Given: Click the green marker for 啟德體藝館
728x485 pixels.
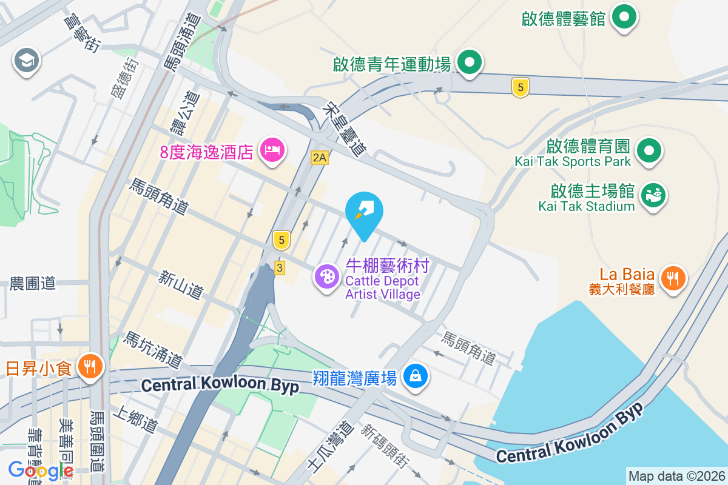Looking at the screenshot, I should click(x=624, y=16).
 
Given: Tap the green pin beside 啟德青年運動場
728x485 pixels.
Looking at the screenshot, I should click(x=469, y=62).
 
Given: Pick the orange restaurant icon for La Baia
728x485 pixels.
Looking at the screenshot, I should click(x=673, y=278).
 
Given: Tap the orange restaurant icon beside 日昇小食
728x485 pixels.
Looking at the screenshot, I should click(x=90, y=366).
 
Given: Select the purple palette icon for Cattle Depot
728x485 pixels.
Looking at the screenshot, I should click(x=327, y=277).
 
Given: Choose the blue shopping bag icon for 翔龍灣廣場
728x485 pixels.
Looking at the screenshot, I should click(x=416, y=376).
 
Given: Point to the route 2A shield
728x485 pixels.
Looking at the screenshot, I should click(x=319, y=158).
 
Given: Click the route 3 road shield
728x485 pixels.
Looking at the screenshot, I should click(x=279, y=267).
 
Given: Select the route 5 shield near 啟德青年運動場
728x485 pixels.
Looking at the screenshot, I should click(x=520, y=87).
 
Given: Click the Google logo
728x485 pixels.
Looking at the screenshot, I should click(x=41, y=470).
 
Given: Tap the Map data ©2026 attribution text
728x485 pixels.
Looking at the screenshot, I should click(x=676, y=476).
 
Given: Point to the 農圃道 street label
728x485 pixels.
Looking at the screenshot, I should click(x=32, y=283).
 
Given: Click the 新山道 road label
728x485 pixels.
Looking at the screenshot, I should click(x=180, y=284).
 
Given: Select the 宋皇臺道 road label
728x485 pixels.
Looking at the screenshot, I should click(x=346, y=128).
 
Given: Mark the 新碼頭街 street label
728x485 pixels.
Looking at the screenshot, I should click(x=383, y=447).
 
